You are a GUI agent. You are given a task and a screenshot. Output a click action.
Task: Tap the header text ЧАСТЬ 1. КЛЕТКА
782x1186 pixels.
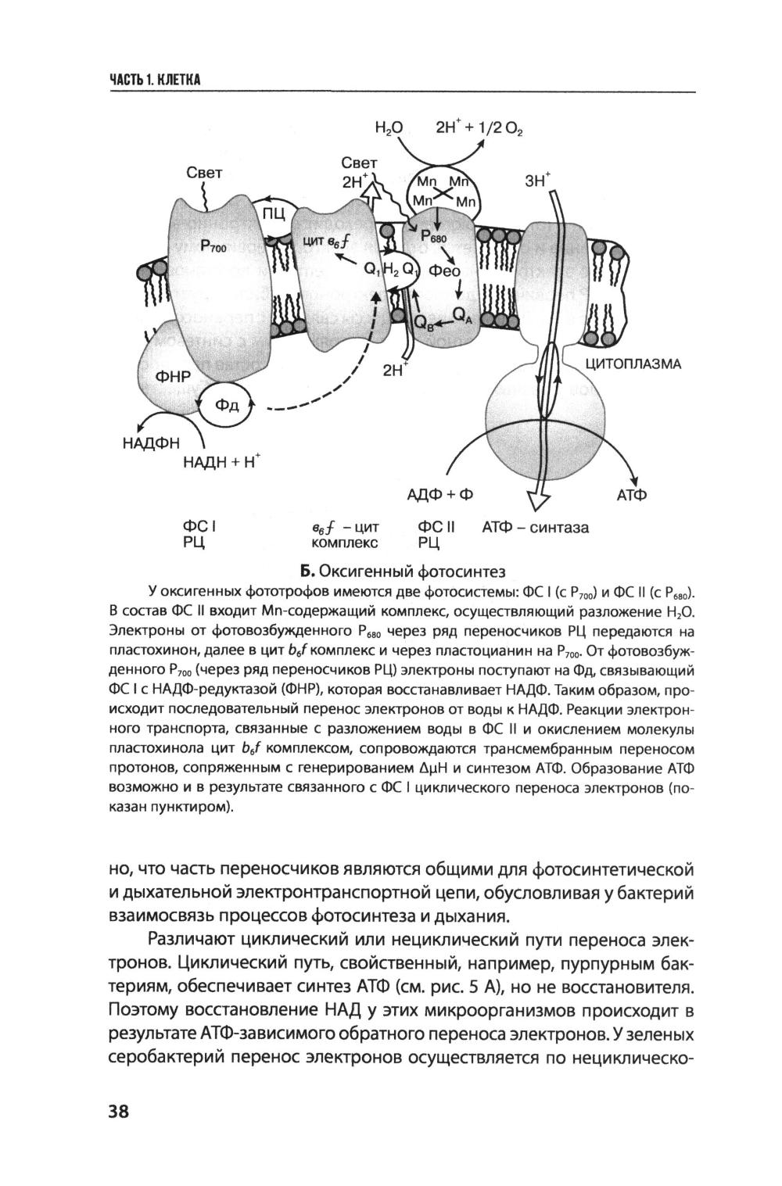coord(156,80)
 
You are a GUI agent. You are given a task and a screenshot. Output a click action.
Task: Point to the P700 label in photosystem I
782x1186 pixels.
coord(212,248)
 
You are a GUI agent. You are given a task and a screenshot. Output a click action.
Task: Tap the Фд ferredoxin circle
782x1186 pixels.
coord(231,404)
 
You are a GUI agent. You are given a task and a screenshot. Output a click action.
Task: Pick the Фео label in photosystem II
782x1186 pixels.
coord(445,272)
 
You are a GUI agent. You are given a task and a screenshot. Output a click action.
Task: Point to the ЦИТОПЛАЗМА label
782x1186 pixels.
coord(633,364)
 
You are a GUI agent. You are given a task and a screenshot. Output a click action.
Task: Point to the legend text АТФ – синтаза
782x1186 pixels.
coord(536,528)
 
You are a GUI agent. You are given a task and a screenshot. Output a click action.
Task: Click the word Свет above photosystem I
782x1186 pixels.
coord(205,173)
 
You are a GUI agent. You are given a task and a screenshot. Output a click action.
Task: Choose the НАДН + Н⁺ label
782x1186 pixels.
coord(221,461)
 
